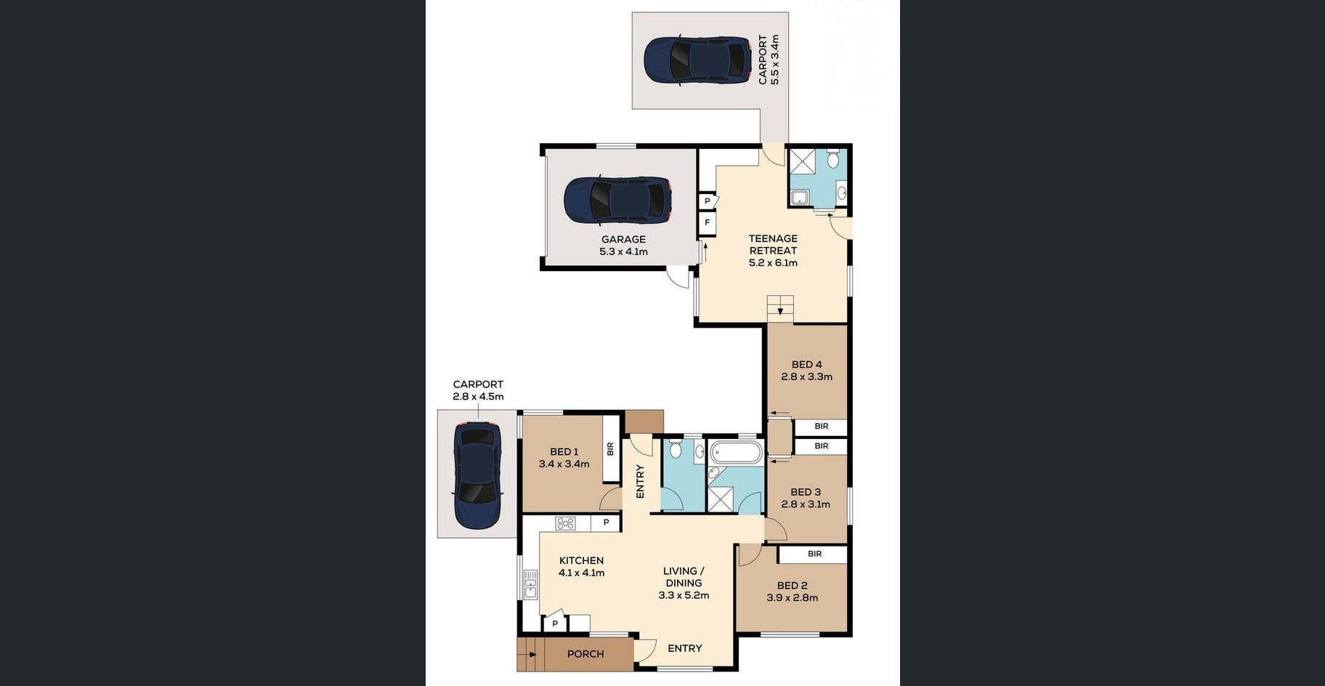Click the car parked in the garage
tap(617, 200)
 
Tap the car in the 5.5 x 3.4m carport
tap(698, 60)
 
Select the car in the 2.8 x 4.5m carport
tap(477, 475)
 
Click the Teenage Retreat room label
tap(773, 250)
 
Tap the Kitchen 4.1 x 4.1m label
tap(581, 566)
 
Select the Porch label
tap(585, 654)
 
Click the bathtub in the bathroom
tap(735, 453)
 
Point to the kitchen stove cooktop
tap(565, 523)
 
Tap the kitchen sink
tap(530, 585)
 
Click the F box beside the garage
tap(707, 223)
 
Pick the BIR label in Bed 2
tap(814, 554)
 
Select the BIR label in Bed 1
tap(610, 449)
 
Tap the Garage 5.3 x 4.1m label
tap(623, 246)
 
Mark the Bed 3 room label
tap(806, 498)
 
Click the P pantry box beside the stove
tap(606, 522)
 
